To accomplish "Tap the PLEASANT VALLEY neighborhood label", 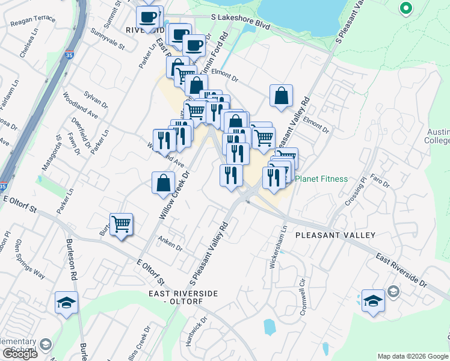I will [x=335, y=235].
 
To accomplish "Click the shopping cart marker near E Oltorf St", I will [x=122, y=224].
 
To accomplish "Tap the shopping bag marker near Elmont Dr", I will [x=281, y=95].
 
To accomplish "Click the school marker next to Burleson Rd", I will [x=66, y=303].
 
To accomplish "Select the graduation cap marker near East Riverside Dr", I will [x=373, y=301].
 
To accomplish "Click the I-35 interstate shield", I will [x=70, y=54].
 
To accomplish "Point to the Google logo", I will [x=20, y=354].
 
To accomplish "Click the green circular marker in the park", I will [x=405, y=8].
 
